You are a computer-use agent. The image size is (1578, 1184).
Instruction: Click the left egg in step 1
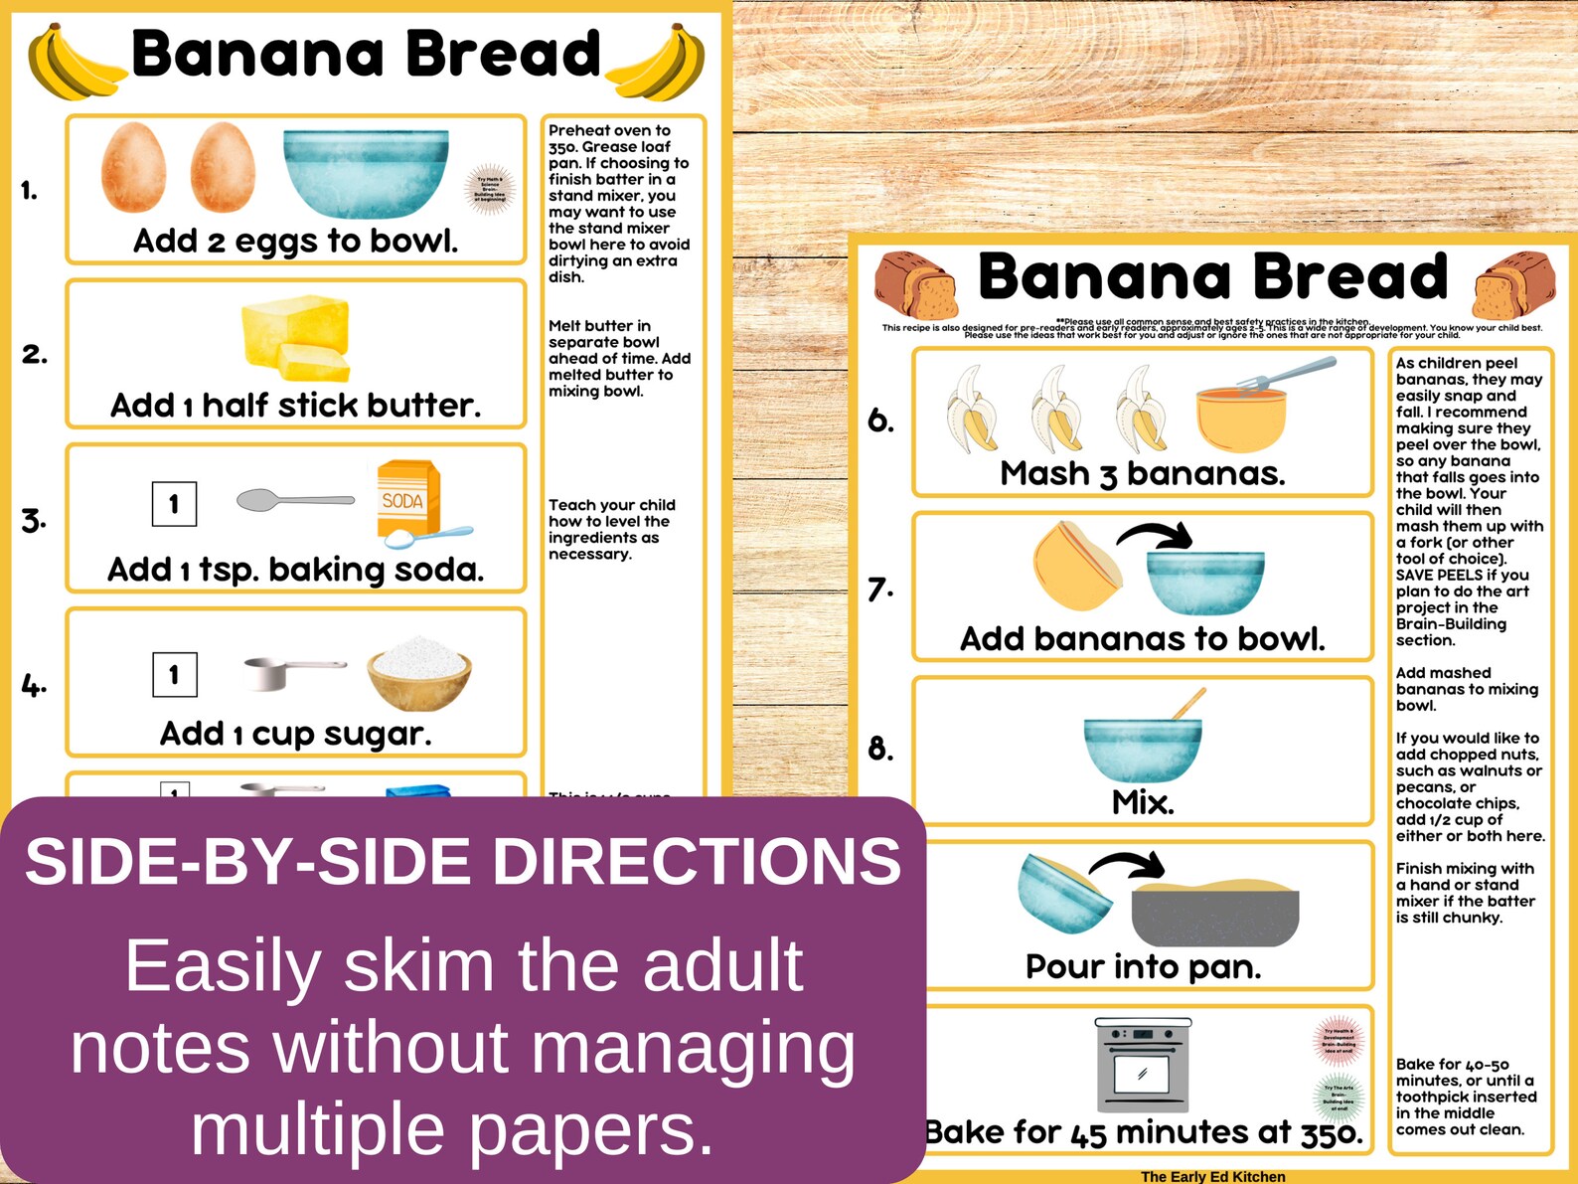[133, 167]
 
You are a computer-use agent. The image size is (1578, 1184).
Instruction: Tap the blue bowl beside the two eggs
[365, 173]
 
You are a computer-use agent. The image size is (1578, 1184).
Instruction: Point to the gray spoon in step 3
[294, 500]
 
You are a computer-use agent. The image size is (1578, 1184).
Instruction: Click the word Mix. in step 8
[1143, 802]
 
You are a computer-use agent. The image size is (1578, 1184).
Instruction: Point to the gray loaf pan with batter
[1214, 913]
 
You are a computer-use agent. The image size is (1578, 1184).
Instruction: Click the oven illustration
[1142, 1064]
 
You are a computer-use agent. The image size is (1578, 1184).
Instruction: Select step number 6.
[880, 421]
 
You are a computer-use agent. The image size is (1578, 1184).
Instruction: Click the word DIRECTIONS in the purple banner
[696, 861]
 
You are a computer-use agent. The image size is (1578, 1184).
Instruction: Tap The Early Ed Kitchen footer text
[1212, 1176]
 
